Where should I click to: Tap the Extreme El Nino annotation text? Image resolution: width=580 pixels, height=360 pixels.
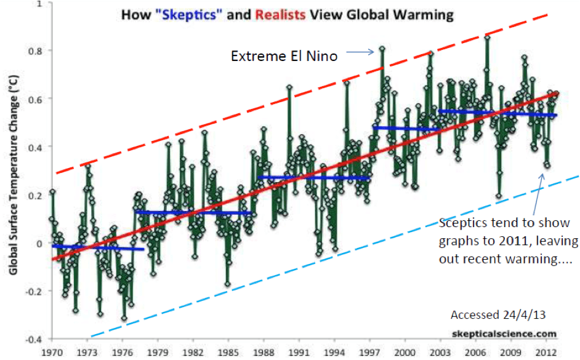(284, 56)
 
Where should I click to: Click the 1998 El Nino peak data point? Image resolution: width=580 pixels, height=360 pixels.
(382, 48)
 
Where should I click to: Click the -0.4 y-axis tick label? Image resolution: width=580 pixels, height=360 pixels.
(35, 339)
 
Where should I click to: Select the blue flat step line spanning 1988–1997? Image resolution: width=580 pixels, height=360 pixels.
(314, 178)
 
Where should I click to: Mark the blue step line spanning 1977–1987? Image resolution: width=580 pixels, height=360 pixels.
(194, 212)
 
